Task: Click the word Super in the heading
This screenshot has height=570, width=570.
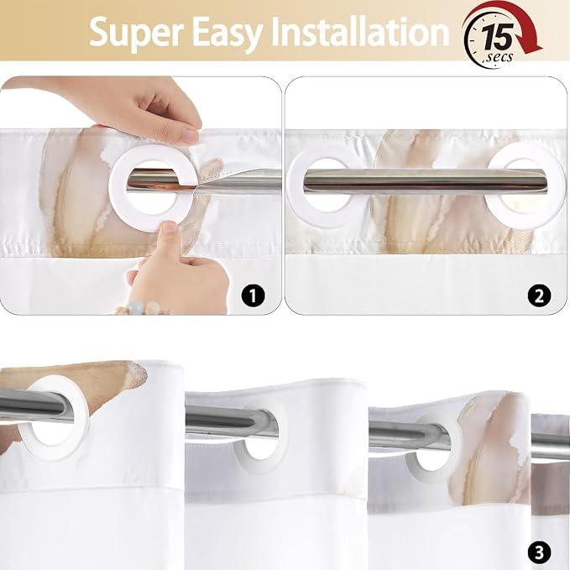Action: click(x=136, y=32)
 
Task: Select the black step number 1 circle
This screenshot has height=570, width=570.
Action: click(x=253, y=295)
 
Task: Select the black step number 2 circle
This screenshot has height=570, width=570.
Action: click(x=539, y=295)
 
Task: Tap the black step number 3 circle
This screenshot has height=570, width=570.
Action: click(x=539, y=552)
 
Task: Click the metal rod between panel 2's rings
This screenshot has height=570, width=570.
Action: click(x=426, y=181)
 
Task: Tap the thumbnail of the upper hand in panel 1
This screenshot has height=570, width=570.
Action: click(x=189, y=136)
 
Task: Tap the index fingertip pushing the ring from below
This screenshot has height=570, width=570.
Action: click(x=168, y=228)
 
